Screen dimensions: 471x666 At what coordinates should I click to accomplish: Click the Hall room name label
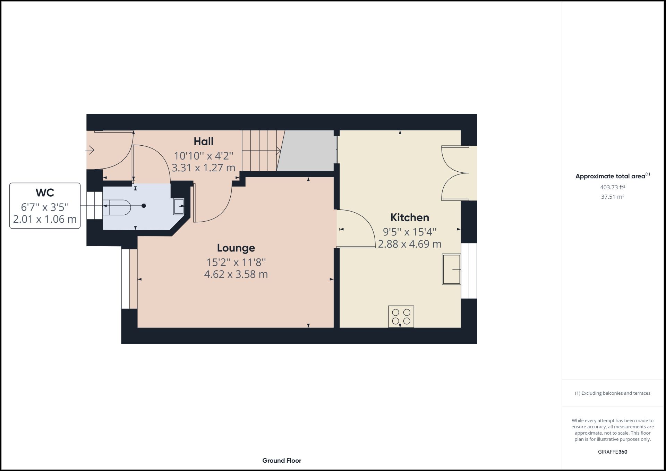click(203, 142)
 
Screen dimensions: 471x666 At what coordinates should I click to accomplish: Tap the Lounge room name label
click(236, 248)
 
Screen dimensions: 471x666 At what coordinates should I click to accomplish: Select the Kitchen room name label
click(410, 217)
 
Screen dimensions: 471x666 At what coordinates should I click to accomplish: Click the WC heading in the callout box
click(45, 192)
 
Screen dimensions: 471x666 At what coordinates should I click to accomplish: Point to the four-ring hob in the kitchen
click(401, 316)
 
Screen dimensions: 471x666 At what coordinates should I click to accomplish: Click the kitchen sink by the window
click(451, 269)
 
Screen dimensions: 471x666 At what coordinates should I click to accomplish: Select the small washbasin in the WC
click(179, 207)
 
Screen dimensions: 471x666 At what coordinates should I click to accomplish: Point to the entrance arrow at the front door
click(90, 150)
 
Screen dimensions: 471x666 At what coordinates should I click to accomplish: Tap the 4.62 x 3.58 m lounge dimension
click(236, 274)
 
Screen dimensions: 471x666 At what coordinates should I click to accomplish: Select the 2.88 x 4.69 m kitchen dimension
click(410, 244)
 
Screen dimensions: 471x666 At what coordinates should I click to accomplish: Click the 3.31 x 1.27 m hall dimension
click(203, 168)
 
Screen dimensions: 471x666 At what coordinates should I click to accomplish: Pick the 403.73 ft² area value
click(613, 187)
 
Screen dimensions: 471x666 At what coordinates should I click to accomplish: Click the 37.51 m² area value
click(613, 197)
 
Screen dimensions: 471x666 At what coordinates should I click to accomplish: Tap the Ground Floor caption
click(282, 461)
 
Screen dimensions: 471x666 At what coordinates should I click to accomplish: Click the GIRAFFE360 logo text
click(613, 452)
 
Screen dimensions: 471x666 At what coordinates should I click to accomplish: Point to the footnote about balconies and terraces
click(613, 393)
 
